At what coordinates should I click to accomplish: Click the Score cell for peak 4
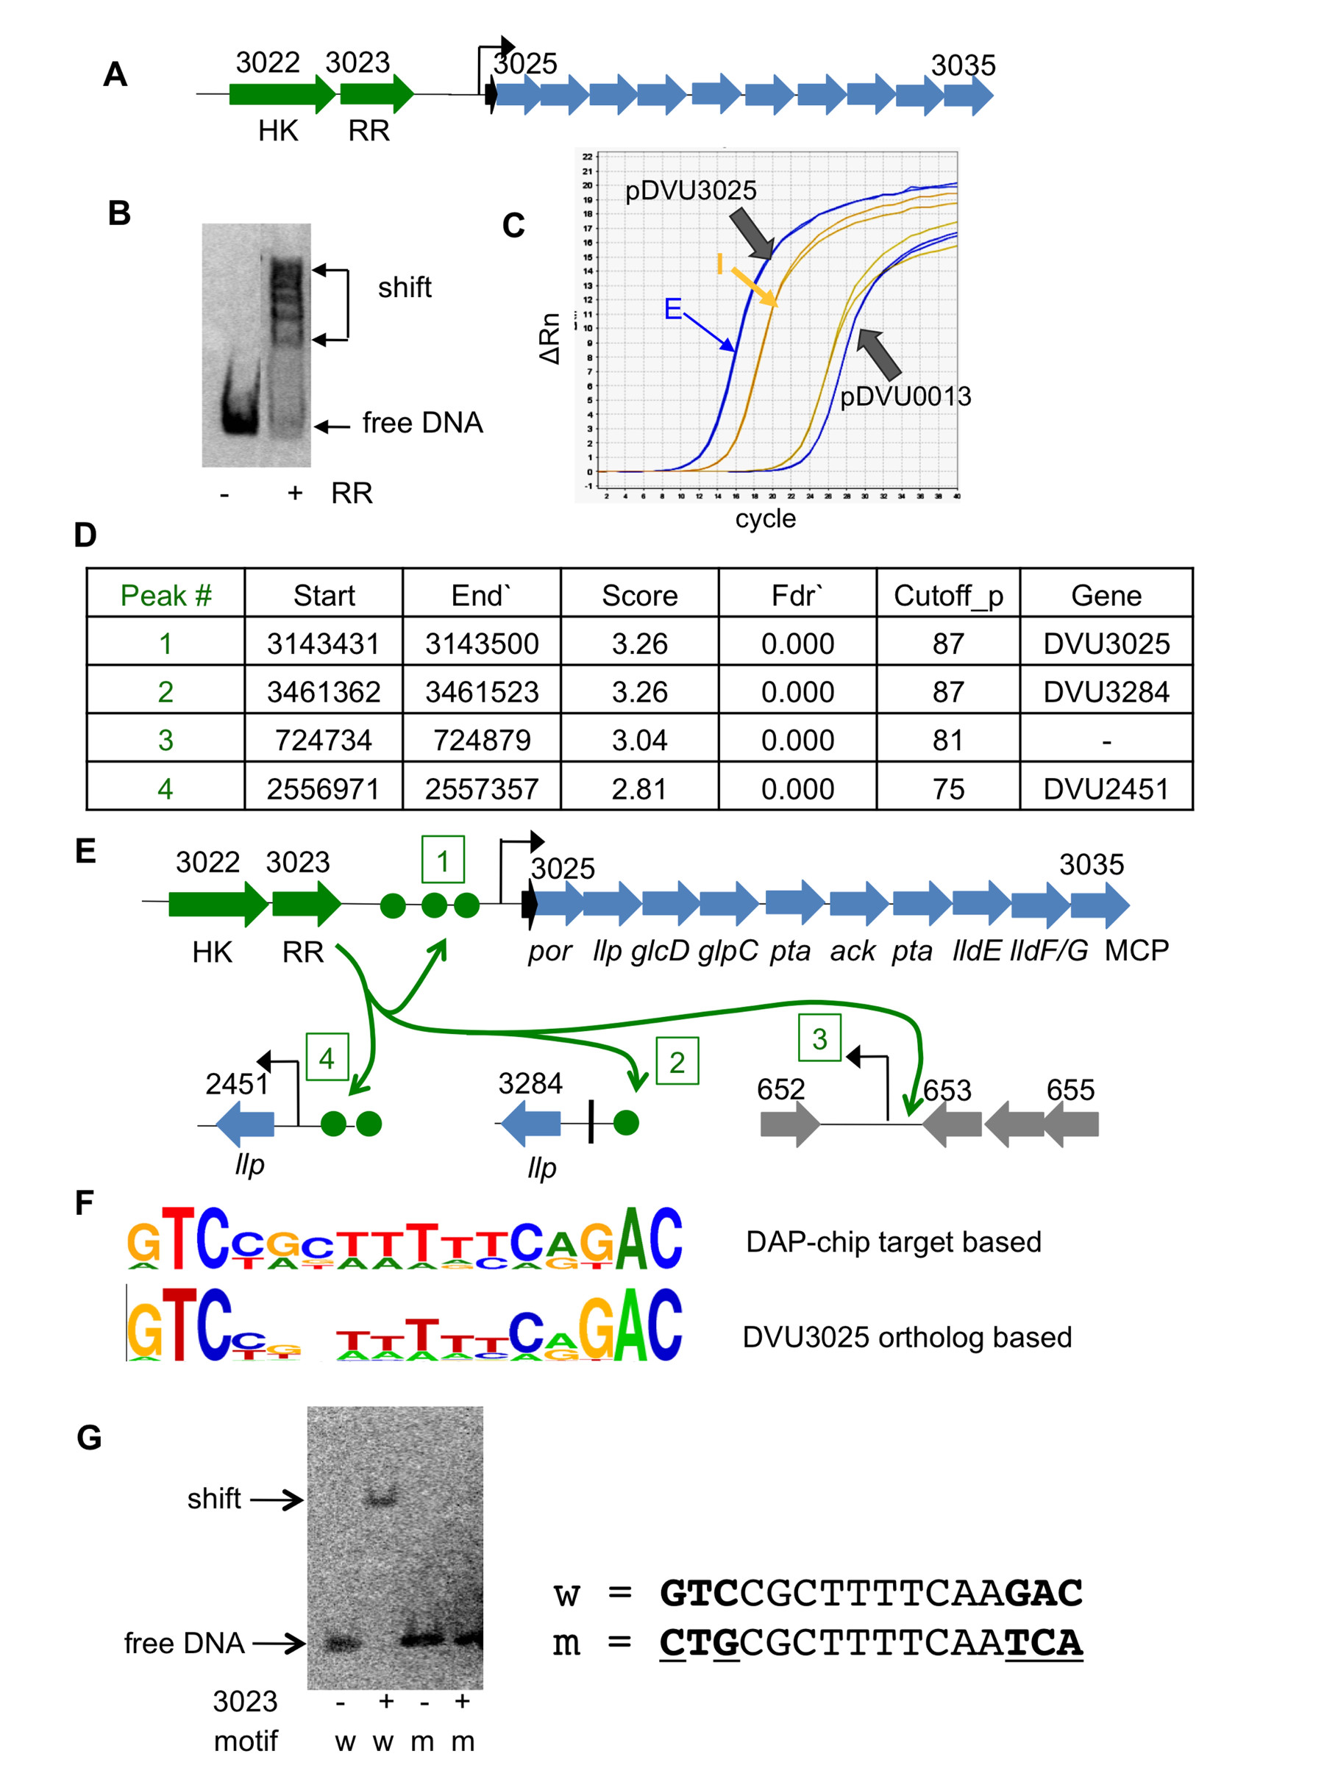[638, 788]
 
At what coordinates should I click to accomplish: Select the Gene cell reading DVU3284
[1106, 692]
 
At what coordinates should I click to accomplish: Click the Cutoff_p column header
[947, 595]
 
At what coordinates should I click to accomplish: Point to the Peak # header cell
[165, 595]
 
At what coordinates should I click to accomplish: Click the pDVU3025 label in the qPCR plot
[691, 190]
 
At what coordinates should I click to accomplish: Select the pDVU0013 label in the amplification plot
[905, 396]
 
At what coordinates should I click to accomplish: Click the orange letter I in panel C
[720, 264]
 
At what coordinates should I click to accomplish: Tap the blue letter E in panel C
[673, 309]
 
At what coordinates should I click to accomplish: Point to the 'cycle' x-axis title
[766, 518]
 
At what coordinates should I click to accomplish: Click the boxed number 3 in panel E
[819, 1039]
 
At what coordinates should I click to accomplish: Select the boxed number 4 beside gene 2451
[327, 1059]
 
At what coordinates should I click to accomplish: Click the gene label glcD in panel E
[659, 951]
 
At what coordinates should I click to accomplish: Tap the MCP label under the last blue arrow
[1136, 950]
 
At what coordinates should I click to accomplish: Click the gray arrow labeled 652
[789, 1124]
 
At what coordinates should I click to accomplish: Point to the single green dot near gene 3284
[627, 1123]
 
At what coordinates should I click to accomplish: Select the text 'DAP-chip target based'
[893, 1242]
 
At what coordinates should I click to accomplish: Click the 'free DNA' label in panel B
[422, 423]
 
